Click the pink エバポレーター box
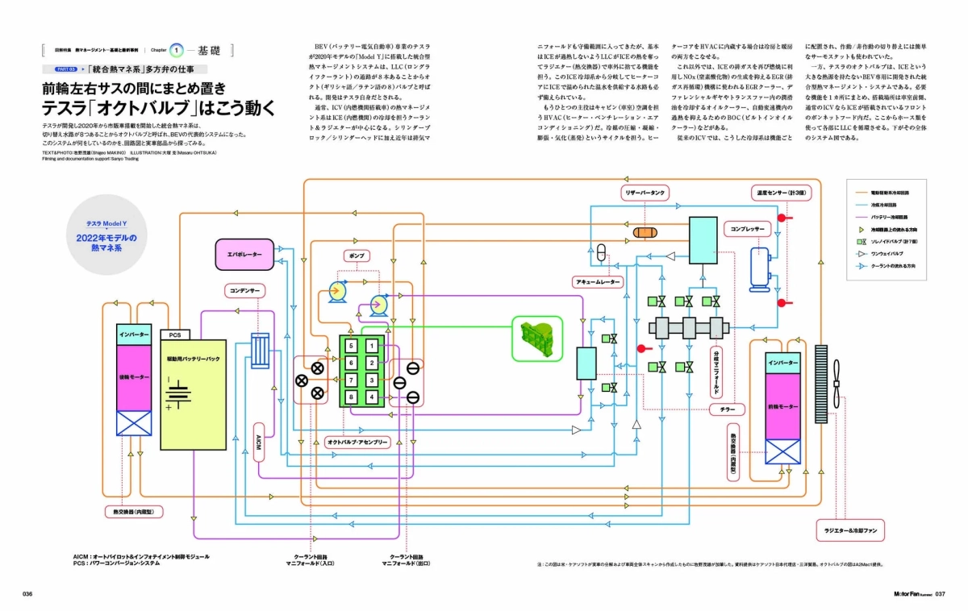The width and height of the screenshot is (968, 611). (247, 254)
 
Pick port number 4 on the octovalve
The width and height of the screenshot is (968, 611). (371, 397)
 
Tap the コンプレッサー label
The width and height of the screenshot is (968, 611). (747, 229)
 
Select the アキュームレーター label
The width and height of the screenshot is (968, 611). (598, 281)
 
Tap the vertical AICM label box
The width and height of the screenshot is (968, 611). (259, 442)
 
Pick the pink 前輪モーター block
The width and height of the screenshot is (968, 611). (782, 407)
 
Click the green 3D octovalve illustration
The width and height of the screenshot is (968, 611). (535, 339)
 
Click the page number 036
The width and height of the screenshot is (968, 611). (27, 594)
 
